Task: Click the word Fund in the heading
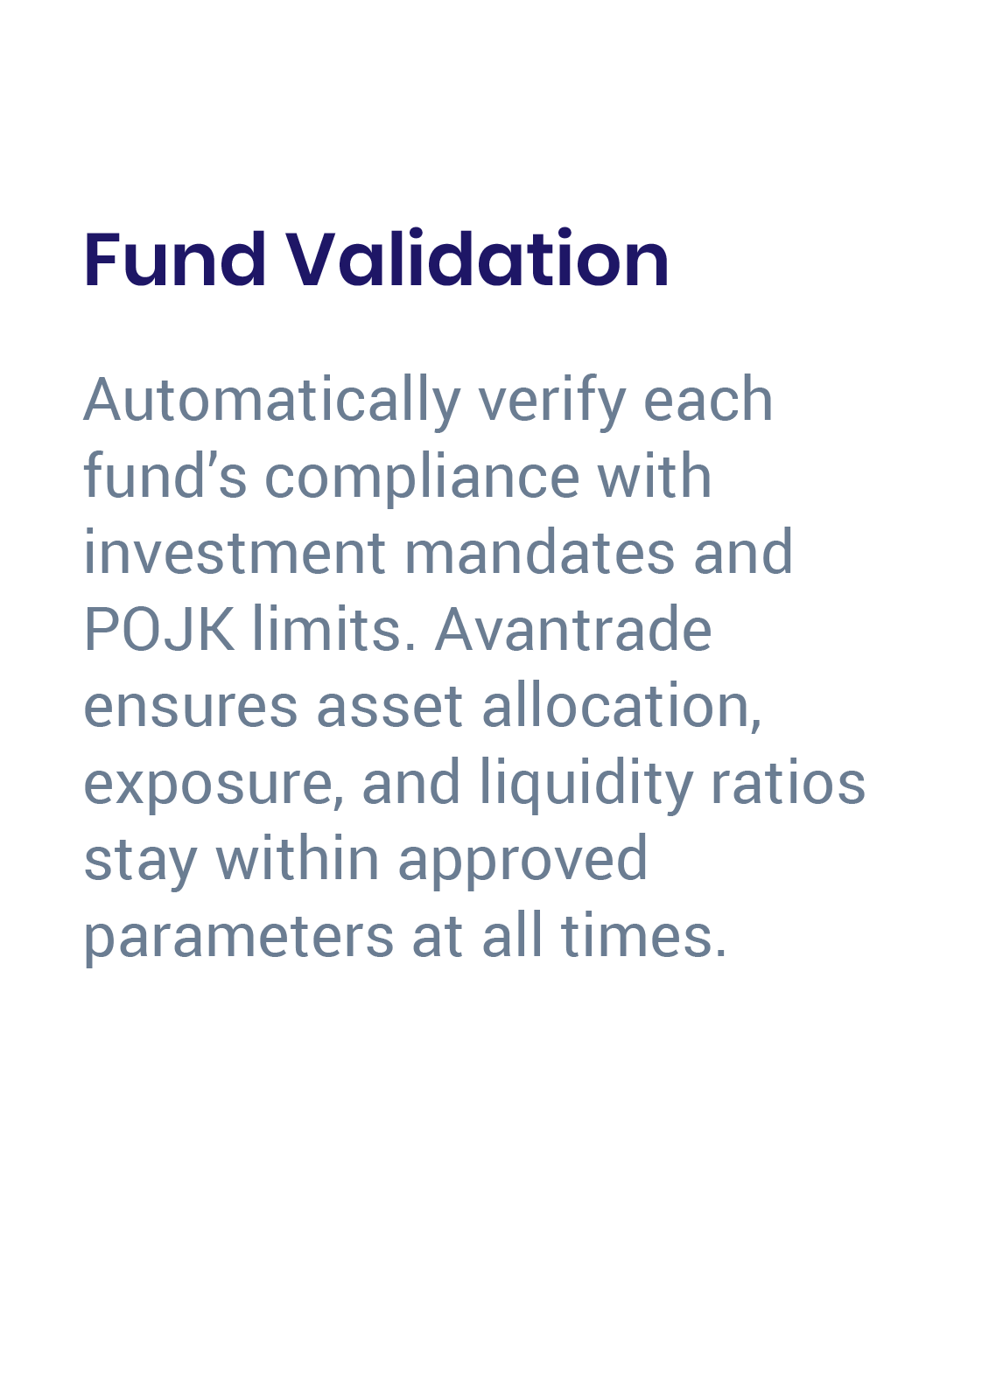[x=175, y=260]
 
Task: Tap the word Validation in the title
[x=477, y=260]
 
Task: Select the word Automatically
[x=271, y=402]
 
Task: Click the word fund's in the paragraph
[x=165, y=477]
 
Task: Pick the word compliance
[x=421, y=477]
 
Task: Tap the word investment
[x=235, y=553]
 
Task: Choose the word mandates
[x=539, y=553]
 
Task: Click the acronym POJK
[x=158, y=629]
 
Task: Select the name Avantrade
[x=573, y=629]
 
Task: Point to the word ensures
[x=190, y=706]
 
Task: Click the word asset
[x=389, y=706]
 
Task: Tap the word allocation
[x=621, y=706]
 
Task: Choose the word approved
[x=523, y=860]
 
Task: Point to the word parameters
[x=238, y=937]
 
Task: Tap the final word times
[x=643, y=937]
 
